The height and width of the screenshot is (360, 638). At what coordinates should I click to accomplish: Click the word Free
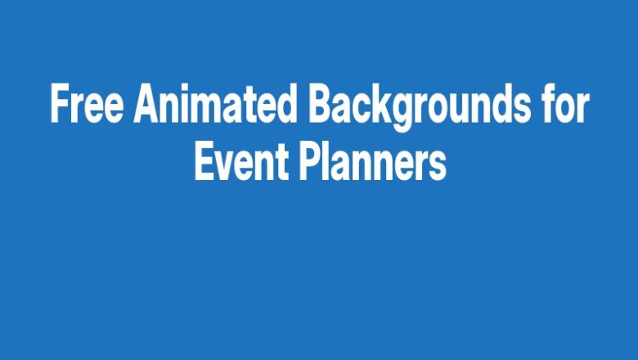88,106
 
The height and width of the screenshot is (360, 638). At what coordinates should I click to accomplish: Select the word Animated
215,106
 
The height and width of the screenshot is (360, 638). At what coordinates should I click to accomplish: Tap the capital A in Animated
148,106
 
